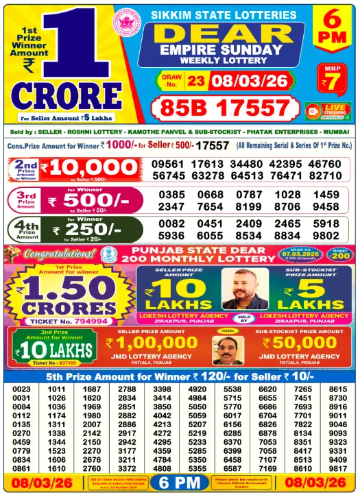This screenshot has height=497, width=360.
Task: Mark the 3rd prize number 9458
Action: (326, 206)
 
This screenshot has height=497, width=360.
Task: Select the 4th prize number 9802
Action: (326, 235)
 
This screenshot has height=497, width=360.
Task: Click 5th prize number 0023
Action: (21, 389)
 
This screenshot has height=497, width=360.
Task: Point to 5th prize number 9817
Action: (337, 468)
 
